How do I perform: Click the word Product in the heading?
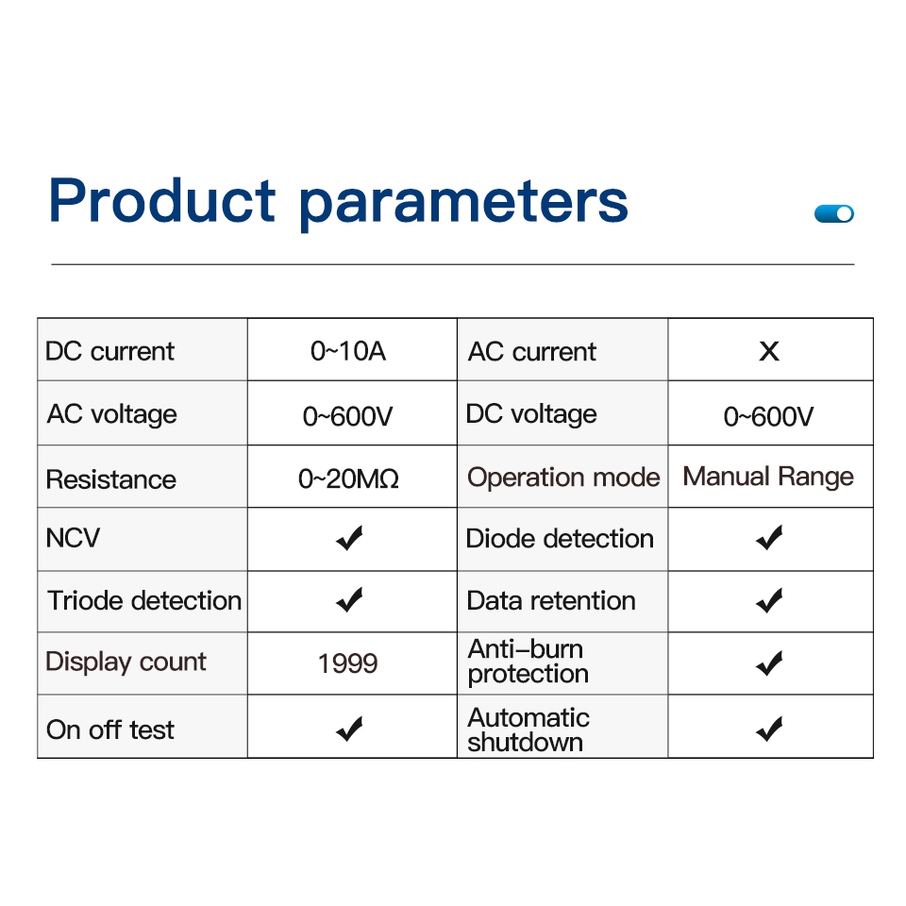pyautogui.click(x=162, y=200)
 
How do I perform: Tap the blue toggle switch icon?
pyautogui.click(x=833, y=214)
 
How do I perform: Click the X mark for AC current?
pyautogui.click(x=769, y=351)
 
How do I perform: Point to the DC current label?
pyautogui.click(x=109, y=351)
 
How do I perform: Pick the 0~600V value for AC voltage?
pyautogui.click(x=348, y=416)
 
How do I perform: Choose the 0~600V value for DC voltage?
pyautogui.click(x=768, y=416)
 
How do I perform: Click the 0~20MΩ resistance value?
pyautogui.click(x=348, y=479)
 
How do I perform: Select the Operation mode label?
pyautogui.click(x=563, y=478)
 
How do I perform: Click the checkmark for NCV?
pyautogui.click(x=349, y=538)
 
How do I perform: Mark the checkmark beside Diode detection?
pyautogui.click(x=770, y=538)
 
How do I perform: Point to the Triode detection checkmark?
pyautogui.click(x=349, y=600)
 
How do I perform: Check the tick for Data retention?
pyautogui.click(x=770, y=600)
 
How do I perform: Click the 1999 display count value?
pyautogui.click(x=348, y=663)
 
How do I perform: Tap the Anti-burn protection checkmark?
pyautogui.click(x=770, y=663)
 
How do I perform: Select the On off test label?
pyautogui.click(x=109, y=730)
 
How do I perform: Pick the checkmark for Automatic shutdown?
pyautogui.click(x=770, y=729)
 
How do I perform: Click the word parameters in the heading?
pyautogui.click(x=463, y=204)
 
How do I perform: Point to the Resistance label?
pyautogui.click(x=111, y=479)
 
